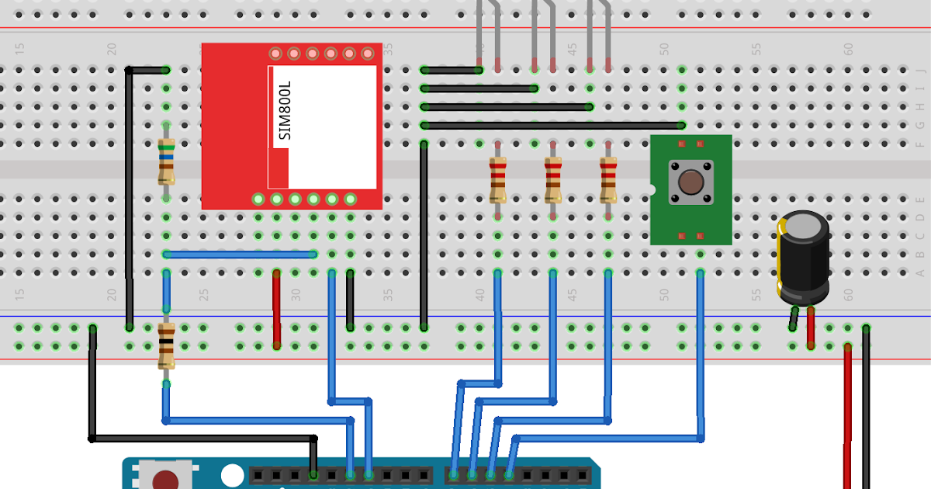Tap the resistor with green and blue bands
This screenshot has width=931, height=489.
165,161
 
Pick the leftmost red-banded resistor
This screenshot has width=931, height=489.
497,179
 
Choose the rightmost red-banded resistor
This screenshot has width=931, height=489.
608,179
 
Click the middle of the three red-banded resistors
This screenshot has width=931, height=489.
552,179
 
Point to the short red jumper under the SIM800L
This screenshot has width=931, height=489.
276,309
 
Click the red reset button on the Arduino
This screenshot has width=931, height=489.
165,480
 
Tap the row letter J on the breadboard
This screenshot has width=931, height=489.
921,70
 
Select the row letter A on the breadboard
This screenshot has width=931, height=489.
921,272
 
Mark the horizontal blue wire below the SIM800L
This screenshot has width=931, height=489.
240,254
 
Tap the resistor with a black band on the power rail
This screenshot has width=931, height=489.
166,345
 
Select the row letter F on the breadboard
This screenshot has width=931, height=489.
921,144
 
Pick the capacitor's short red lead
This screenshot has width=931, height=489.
811,327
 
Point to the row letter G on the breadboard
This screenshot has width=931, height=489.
921,125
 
